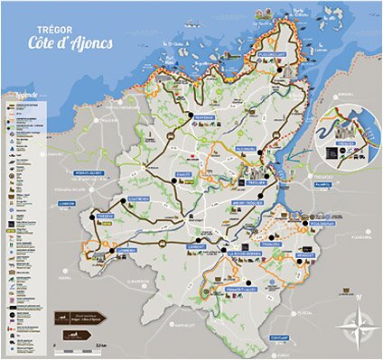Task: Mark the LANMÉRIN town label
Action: coord(120,252)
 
